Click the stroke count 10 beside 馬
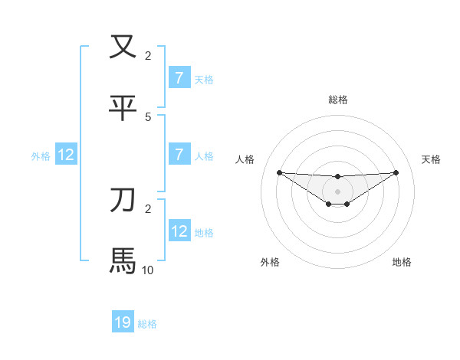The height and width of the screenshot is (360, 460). coord(148,270)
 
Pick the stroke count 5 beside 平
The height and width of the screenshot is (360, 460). coord(148,116)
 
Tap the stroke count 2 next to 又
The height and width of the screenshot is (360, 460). coord(148,55)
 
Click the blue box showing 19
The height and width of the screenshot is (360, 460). coord(123,322)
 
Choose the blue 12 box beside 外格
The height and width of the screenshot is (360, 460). coord(66,155)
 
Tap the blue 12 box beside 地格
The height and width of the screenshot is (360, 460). coord(179,231)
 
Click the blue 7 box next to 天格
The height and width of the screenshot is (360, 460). coord(179,78)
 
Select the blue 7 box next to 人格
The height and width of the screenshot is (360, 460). coord(179,155)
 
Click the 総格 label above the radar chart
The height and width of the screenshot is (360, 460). coord(337,100)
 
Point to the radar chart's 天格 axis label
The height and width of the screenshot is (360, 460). coord(431,159)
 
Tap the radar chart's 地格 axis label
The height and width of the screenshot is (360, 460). coord(402,262)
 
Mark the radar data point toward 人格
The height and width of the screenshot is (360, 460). coord(279,172)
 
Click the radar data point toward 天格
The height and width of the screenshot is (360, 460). coord(396,172)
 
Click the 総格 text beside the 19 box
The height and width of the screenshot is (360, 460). coord(147,324)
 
